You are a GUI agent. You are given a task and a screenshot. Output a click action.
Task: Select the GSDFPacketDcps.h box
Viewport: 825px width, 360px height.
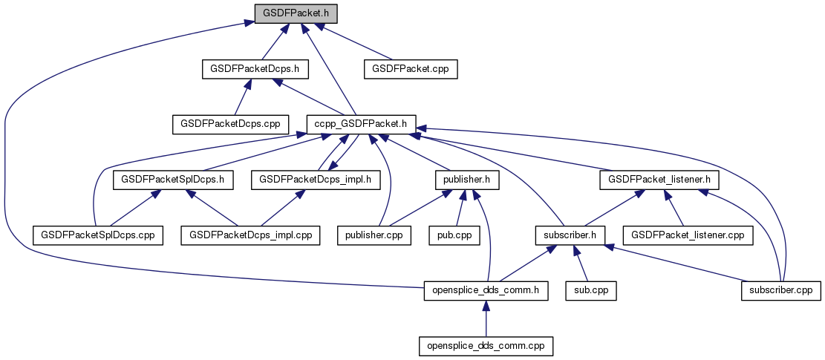255,68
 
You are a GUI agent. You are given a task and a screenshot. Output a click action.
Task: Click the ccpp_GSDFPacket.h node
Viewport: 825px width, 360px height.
361,123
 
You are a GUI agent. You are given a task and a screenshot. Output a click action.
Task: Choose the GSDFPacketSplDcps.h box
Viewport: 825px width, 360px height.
173,179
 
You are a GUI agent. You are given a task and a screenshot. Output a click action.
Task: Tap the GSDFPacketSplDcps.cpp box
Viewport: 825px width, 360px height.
98,235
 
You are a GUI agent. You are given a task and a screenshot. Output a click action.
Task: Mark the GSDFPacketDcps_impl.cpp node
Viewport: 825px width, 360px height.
251,235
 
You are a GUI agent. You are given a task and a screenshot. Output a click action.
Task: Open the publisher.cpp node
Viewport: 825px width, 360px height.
373,235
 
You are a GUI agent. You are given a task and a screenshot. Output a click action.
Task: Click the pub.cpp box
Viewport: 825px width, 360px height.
454,235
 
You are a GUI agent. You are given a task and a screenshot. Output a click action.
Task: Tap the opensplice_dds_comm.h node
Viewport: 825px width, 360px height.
486,290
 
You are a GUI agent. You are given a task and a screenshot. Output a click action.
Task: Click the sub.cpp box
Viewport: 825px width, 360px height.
591,290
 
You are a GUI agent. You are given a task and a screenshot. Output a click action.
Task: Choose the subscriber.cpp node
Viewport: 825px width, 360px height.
780,290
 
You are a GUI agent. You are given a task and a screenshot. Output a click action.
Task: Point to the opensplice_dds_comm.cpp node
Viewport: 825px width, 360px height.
486,346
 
